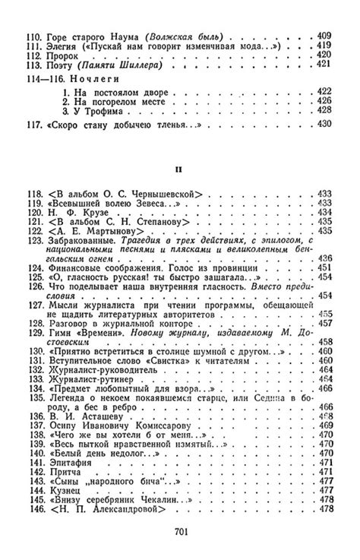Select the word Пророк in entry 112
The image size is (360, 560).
(x=63, y=55)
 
